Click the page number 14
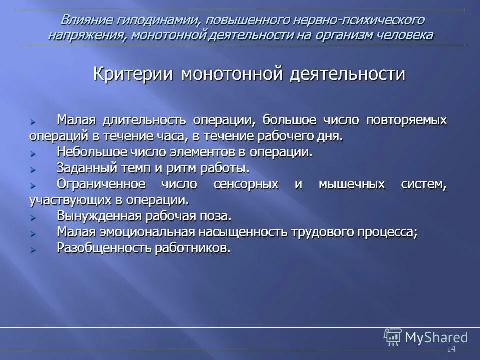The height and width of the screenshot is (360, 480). pos(451,349)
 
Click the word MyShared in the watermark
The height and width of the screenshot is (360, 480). pos(436,337)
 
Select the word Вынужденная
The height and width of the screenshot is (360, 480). pos(99,217)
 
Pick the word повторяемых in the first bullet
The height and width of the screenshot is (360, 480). pos(407,120)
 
